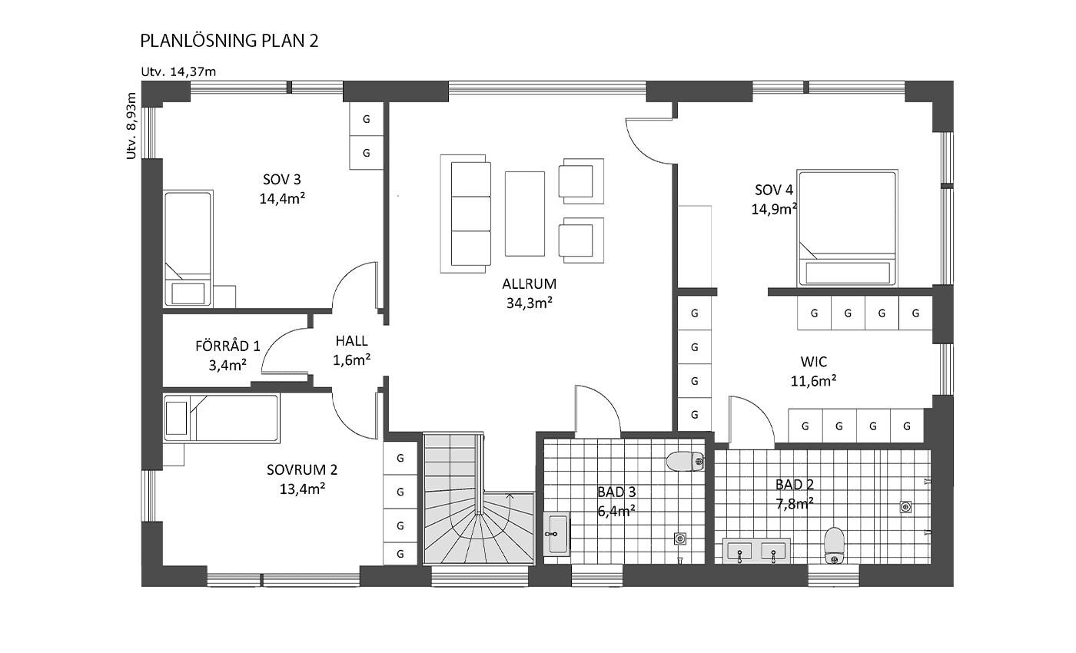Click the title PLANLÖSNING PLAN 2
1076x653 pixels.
pyautogui.click(x=229, y=41)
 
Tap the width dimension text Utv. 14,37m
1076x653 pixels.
pyautogui.click(x=178, y=72)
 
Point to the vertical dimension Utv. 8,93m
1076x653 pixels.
pyautogui.click(x=131, y=126)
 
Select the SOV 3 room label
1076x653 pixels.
pyautogui.click(x=282, y=189)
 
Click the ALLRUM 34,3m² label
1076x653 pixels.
pyautogui.click(x=530, y=293)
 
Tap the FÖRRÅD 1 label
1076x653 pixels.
pyautogui.click(x=227, y=356)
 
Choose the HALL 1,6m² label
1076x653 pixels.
pyautogui.click(x=352, y=350)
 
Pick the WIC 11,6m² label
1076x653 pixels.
pyautogui.click(x=814, y=371)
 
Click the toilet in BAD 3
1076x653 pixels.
pyautogui.click(x=685, y=462)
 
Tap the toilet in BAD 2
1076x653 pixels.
pyautogui.click(x=835, y=546)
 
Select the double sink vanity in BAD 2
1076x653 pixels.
pyautogui.click(x=756, y=551)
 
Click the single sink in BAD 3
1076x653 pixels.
pyautogui.click(x=556, y=534)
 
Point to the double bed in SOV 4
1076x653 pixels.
pyautogui.click(x=847, y=228)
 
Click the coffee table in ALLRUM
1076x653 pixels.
pyautogui.click(x=524, y=214)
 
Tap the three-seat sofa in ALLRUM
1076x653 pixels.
pyautogui.click(x=466, y=214)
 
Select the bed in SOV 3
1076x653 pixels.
pyautogui.click(x=188, y=248)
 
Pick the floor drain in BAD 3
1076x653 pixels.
pyautogui.click(x=680, y=539)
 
